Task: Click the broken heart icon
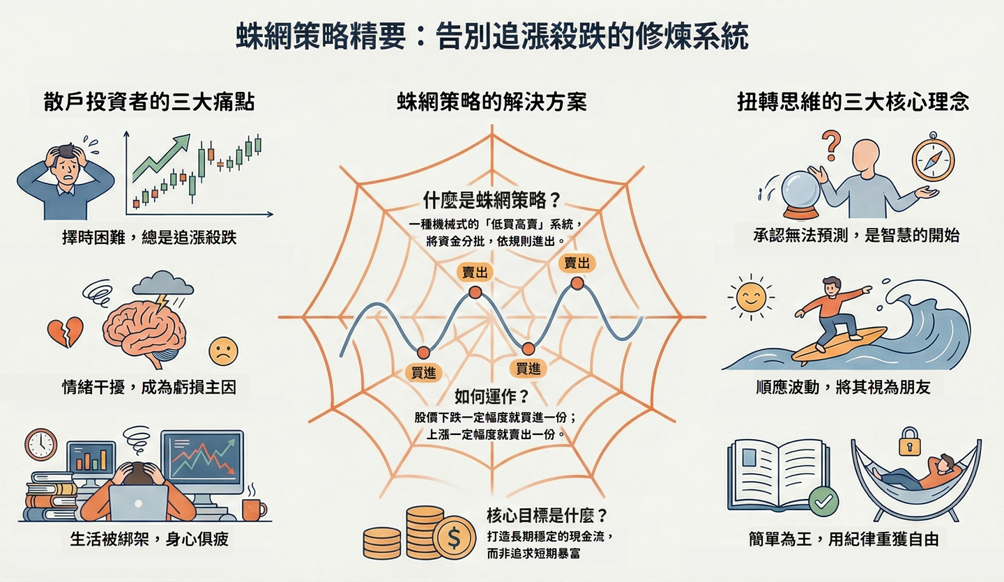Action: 65,332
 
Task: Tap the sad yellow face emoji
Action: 222,351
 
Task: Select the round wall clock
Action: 40,445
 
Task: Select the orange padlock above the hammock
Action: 908,441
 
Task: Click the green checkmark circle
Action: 823,501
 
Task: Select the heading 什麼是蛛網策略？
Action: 492,200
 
